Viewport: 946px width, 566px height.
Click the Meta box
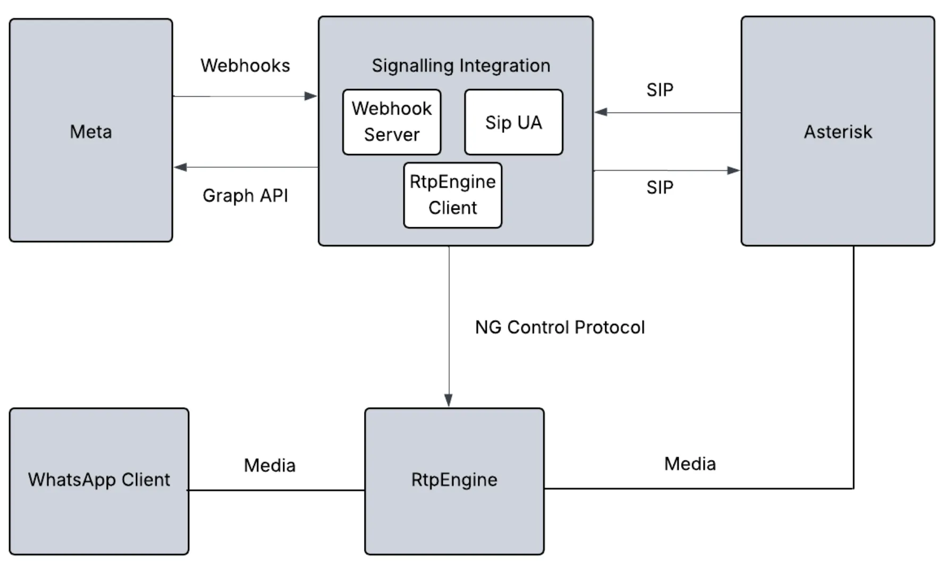(x=91, y=131)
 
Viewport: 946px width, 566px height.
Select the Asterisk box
(x=838, y=131)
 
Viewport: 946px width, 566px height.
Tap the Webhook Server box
(x=392, y=122)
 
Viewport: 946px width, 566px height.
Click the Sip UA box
(x=513, y=122)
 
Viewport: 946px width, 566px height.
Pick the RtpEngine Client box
(x=452, y=195)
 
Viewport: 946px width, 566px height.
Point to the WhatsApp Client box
(x=99, y=481)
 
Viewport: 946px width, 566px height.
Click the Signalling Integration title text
(x=461, y=66)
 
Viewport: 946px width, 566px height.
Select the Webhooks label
(x=245, y=66)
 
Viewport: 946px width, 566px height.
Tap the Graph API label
(x=245, y=195)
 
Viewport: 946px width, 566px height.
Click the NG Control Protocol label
(x=560, y=327)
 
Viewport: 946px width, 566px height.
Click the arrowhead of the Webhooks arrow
(x=311, y=96)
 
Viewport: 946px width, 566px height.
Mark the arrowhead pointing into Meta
(x=180, y=167)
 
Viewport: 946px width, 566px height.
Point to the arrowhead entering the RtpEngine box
(x=449, y=400)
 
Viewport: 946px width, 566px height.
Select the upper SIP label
(x=660, y=90)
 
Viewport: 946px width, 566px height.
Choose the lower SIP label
(x=660, y=187)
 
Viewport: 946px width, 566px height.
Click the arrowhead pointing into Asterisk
(x=734, y=170)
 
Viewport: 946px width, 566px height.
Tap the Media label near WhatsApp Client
(x=269, y=466)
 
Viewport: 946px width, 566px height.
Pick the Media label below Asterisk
(x=690, y=464)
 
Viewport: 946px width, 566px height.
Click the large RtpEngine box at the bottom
(x=454, y=481)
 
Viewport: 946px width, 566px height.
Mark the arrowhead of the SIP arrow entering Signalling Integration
(x=601, y=112)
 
